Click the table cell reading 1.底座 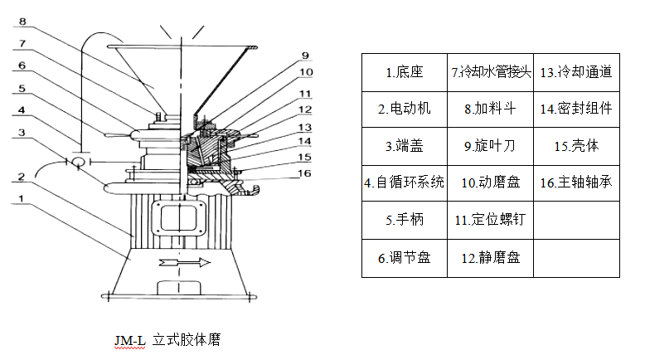[405, 72]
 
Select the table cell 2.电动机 [405, 109]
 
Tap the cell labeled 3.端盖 [405, 145]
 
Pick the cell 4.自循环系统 [405, 182]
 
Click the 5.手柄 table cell [405, 221]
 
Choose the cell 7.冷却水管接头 [490, 72]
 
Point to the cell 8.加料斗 [490, 109]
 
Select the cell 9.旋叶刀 [490, 145]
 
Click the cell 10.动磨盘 [490, 182]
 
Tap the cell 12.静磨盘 [490, 258]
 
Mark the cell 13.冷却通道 [575, 72]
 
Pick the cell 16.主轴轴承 [575, 182]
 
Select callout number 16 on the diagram [306, 173]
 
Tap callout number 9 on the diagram [306, 56]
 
